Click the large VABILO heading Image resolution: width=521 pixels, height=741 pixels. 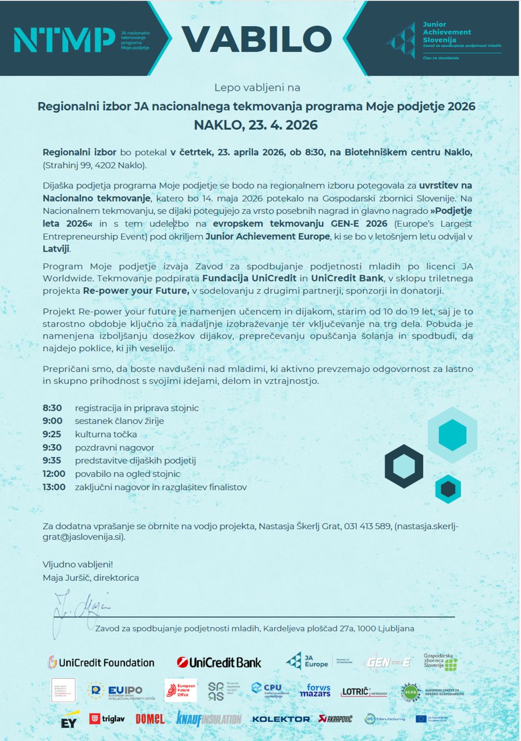tap(257, 39)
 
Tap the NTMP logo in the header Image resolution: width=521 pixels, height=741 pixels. tap(64, 40)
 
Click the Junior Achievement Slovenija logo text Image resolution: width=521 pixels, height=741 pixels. tap(446, 32)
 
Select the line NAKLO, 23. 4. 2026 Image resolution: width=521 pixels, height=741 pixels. tap(256, 124)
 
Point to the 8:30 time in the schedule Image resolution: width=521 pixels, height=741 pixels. tap(52, 408)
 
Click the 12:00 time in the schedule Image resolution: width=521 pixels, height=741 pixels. tap(54, 474)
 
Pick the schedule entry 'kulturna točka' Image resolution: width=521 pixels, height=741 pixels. tap(106, 434)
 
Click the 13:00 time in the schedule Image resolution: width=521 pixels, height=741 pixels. tap(54, 487)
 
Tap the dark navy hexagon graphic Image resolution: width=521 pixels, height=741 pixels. tap(404, 466)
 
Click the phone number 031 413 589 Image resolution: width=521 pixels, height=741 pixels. tap(367, 526)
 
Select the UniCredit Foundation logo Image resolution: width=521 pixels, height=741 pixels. tap(101, 662)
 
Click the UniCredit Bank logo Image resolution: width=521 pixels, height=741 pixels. tap(219, 662)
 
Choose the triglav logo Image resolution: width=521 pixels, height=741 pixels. tap(107, 719)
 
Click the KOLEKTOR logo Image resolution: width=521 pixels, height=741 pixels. tap(281, 719)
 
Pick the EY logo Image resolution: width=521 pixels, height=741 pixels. tap(69, 721)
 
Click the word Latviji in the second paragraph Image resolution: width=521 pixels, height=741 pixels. tap(56, 249)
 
